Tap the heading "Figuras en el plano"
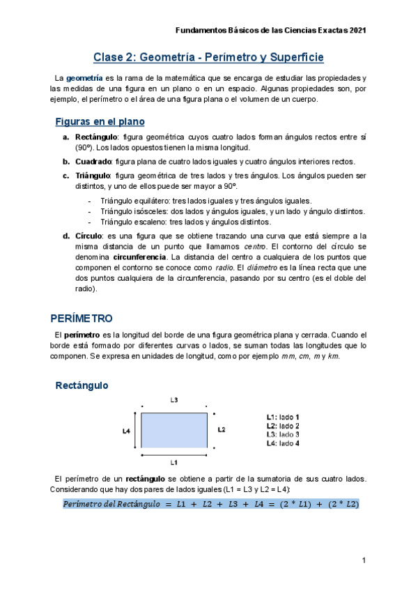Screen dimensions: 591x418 [100, 121]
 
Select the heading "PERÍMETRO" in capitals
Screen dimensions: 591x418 [82, 318]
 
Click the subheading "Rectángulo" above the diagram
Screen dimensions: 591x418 [82, 385]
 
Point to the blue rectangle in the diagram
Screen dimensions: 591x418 [174, 430]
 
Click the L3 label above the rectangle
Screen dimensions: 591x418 [174, 400]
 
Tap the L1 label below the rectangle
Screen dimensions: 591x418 [174, 462]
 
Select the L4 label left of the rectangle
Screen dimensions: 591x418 [126, 431]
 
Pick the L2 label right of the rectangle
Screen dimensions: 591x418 [222, 430]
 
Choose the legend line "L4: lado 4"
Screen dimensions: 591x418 [282, 443]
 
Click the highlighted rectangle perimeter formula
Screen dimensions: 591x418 [210, 504]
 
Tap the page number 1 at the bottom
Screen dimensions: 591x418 [364, 561]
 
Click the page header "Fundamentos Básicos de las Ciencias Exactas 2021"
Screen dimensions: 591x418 [270, 31]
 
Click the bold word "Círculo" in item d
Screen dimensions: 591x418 [89, 236]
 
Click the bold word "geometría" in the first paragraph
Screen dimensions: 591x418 [85, 77]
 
